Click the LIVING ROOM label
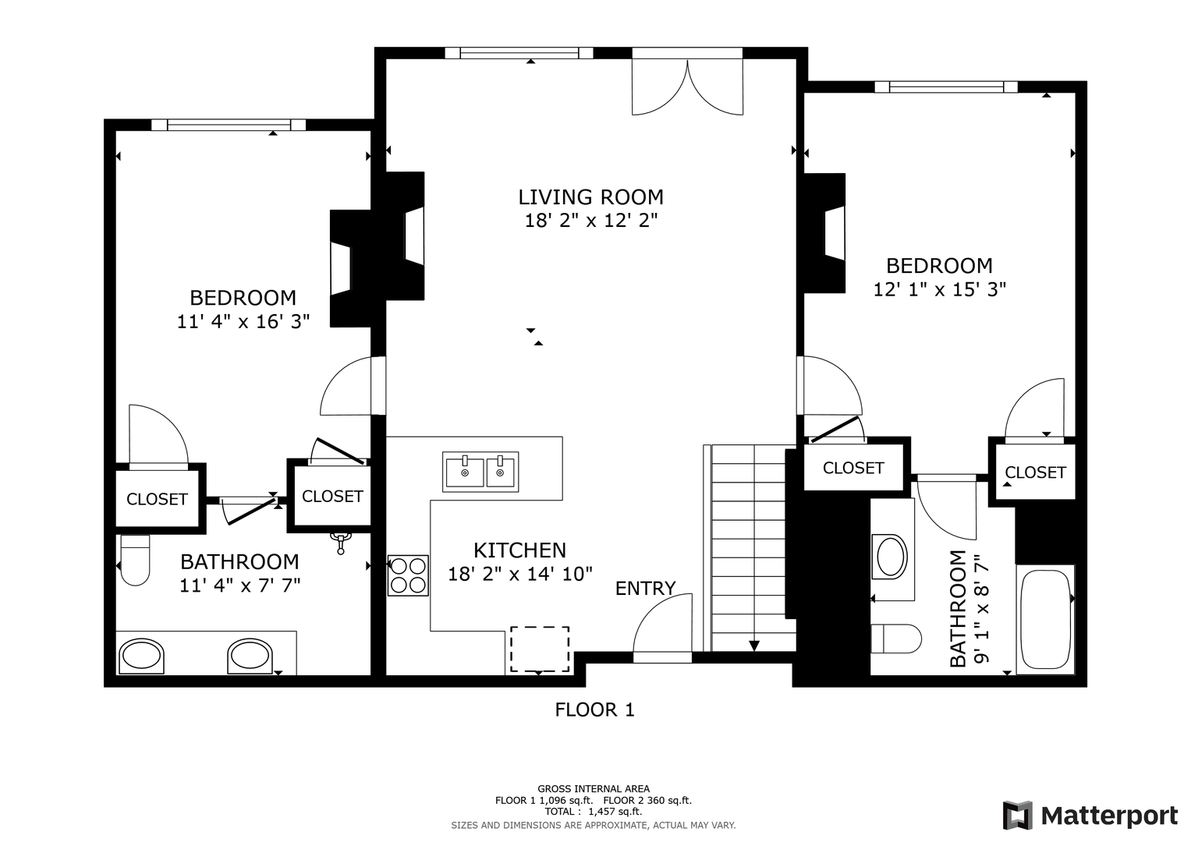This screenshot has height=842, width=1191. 590,197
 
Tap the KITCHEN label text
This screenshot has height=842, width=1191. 519,550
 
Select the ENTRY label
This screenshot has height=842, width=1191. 645,588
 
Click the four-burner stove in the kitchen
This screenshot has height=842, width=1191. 408,575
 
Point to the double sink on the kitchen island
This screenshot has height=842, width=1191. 480,472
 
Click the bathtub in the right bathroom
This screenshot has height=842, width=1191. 1046,620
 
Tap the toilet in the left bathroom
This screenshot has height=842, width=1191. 135,560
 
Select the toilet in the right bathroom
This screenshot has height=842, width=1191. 896,639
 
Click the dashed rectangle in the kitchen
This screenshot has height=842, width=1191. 540,649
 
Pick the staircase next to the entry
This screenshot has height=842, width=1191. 750,547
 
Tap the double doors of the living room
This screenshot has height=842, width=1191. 687,87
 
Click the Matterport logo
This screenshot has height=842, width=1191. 1090,815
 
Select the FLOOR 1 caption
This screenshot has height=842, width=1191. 594,709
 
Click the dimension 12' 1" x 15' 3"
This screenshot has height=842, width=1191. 940,289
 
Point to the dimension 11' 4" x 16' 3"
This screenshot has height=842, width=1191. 243,321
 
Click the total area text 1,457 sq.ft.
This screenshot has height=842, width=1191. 615,812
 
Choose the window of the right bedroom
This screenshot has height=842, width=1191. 946,87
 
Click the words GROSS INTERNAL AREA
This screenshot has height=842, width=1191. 594,789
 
